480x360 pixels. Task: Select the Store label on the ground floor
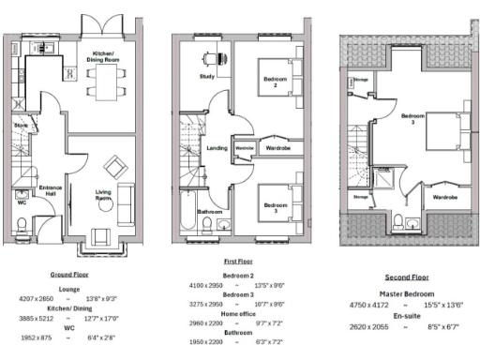[x=20, y=124]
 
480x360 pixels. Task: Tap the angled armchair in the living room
[x=116, y=169]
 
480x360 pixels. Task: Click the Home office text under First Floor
[x=238, y=313]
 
